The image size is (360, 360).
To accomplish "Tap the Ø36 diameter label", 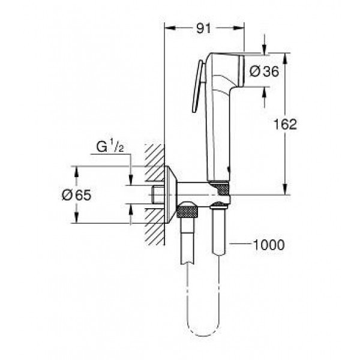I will tap(263, 71).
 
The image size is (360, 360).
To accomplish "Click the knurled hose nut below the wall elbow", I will tap(191, 211).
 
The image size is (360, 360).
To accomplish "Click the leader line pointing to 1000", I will tap(238, 244).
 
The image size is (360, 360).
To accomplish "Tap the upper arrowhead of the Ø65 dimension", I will tap(76, 170).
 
